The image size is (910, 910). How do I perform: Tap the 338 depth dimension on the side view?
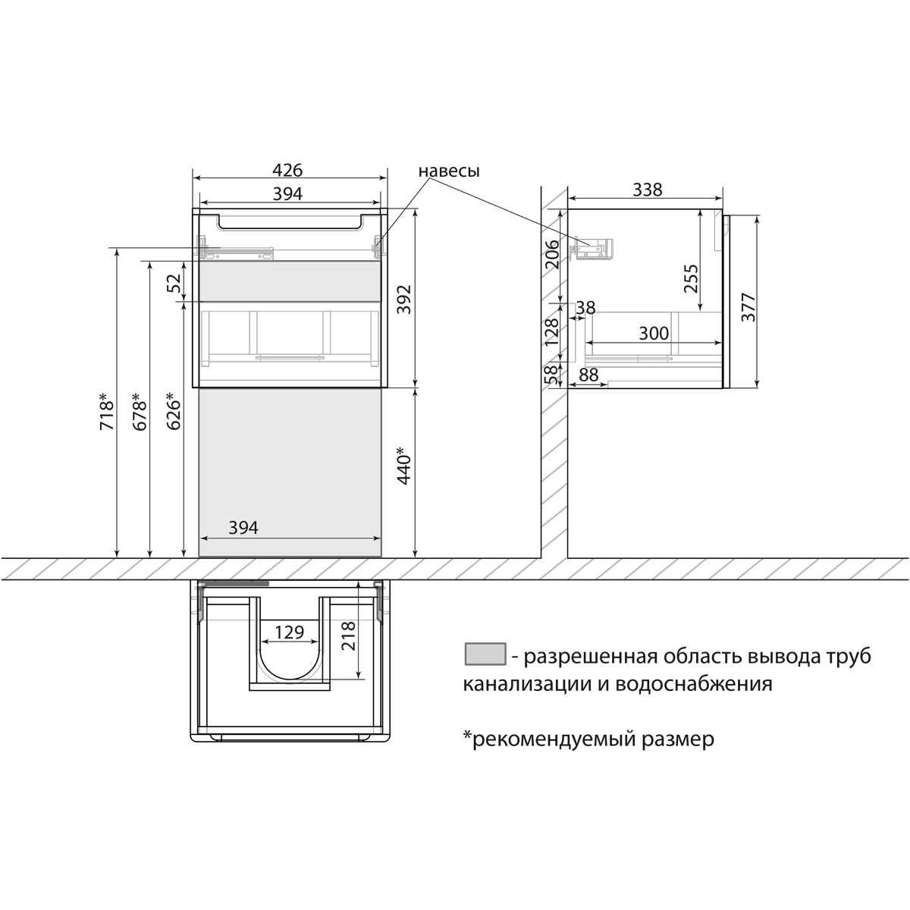click(x=647, y=190)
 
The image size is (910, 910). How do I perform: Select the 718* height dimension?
click(x=106, y=413)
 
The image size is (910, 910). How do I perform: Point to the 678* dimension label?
click(x=140, y=413)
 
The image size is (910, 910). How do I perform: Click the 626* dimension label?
click(x=174, y=413)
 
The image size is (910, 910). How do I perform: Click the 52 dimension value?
click(x=174, y=284)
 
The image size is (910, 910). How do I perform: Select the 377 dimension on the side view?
click(x=748, y=307)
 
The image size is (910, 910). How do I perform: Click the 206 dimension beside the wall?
click(x=553, y=255)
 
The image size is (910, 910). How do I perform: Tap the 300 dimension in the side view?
click(x=653, y=334)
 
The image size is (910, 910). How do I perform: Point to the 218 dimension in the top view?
click(x=348, y=637)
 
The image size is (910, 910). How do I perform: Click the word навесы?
click(x=449, y=171)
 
